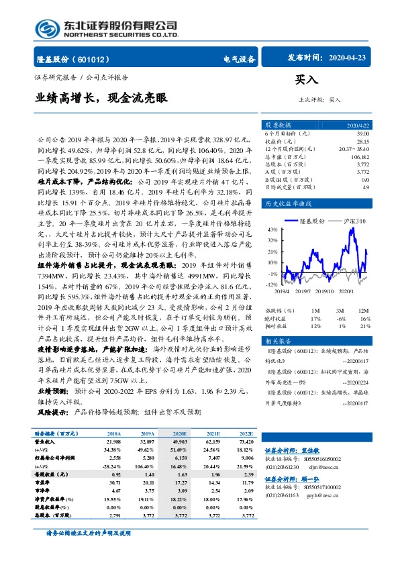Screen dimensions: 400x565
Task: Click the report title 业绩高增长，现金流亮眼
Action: click(x=101, y=97)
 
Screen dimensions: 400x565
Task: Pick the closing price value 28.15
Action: click(x=363, y=142)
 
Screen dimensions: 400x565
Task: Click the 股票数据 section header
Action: click(x=277, y=125)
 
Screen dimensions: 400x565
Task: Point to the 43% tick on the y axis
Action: click(x=273, y=229)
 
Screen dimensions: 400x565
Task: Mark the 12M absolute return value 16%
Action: click(x=364, y=318)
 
